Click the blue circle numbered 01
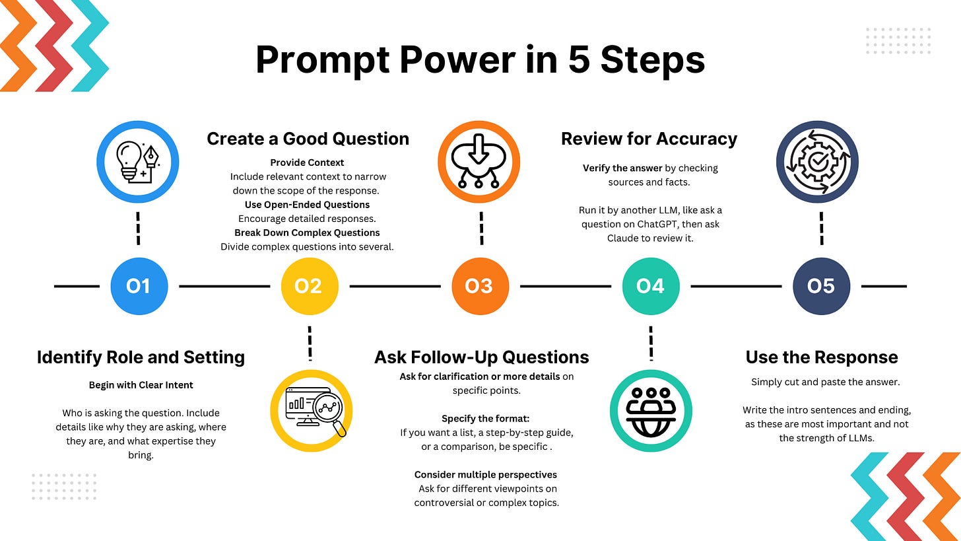click(x=138, y=286)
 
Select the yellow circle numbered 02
click(x=309, y=286)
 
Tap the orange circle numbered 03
click(x=479, y=286)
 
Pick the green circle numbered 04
click(x=650, y=286)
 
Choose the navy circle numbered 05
click(x=820, y=286)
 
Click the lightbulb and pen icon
click(x=138, y=162)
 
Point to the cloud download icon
click(x=479, y=162)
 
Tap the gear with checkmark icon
click(x=817, y=162)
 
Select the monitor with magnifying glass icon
click(x=312, y=410)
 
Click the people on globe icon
click(x=650, y=410)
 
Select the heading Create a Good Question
click(x=308, y=139)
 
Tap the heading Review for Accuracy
click(x=649, y=139)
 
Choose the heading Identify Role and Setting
click(x=141, y=357)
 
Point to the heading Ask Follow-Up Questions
click(x=481, y=357)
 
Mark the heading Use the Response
click(x=822, y=357)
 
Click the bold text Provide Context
click(x=307, y=162)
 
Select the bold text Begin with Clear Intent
click(x=141, y=385)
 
